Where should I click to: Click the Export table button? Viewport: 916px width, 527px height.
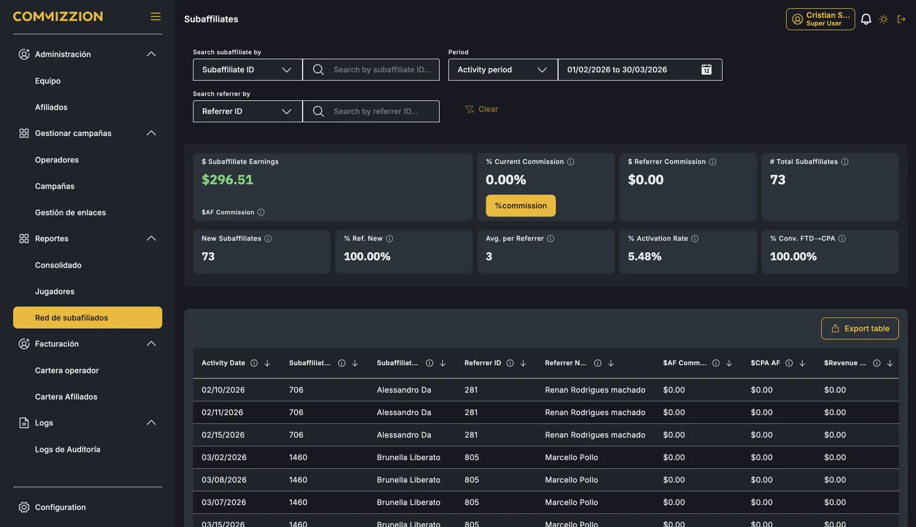[860, 328]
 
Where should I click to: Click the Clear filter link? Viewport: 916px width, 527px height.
[481, 109]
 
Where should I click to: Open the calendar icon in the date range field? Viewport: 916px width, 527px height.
[706, 70]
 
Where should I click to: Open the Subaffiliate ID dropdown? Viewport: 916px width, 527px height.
[247, 70]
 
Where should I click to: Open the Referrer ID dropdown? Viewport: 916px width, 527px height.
[247, 111]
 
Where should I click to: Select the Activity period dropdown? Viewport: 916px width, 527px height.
[503, 70]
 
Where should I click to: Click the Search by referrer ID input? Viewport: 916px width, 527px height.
[371, 111]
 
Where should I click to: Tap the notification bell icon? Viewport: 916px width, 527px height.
[866, 19]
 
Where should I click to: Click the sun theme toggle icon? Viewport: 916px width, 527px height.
[883, 19]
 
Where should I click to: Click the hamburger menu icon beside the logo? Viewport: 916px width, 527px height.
[155, 16]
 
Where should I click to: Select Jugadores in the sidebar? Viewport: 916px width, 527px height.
[55, 291]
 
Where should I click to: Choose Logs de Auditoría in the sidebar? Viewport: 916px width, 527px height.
[67, 449]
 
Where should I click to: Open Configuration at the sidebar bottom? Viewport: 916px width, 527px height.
[60, 507]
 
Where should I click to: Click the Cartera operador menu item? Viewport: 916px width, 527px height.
[67, 370]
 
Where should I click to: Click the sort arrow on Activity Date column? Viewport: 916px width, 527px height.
[267, 363]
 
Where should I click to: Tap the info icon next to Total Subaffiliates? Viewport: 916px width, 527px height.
[844, 162]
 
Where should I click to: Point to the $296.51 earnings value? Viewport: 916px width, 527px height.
[227, 180]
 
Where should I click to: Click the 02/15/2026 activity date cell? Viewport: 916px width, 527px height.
[223, 434]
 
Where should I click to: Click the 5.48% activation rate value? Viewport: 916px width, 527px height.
[645, 256]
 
